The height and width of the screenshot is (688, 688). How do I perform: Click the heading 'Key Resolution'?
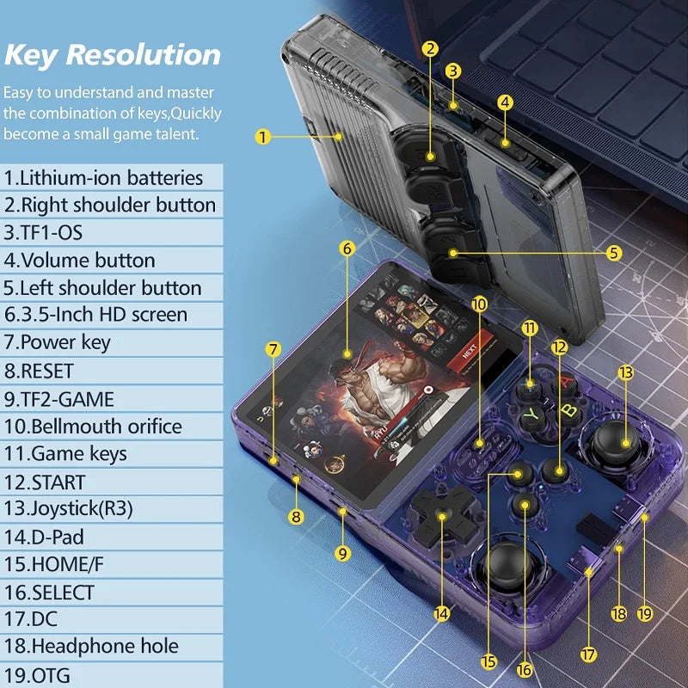(x=113, y=54)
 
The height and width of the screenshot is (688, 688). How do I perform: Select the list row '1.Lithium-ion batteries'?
(x=104, y=178)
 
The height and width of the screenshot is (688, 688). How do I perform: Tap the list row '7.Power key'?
(x=58, y=342)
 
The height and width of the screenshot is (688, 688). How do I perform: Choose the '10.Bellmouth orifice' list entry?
(x=93, y=426)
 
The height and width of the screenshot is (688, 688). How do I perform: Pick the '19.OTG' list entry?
(x=38, y=675)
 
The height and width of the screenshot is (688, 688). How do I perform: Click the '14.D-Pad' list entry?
(x=57, y=537)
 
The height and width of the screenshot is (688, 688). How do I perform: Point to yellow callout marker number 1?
(x=263, y=136)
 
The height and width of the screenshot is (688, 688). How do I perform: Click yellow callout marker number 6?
(x=347, y=249)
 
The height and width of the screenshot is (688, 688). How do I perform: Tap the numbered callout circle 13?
(x=625, y=372)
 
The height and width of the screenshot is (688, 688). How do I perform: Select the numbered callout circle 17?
(x=588, y=654)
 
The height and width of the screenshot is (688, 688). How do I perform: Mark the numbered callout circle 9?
(x=343, y=554)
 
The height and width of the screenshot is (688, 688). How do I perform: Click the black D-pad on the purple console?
(x=440, y=518)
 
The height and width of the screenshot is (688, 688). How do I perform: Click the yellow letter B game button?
(x=568, y=409)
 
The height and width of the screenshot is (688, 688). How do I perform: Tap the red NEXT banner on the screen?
(x=469, y=352)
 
